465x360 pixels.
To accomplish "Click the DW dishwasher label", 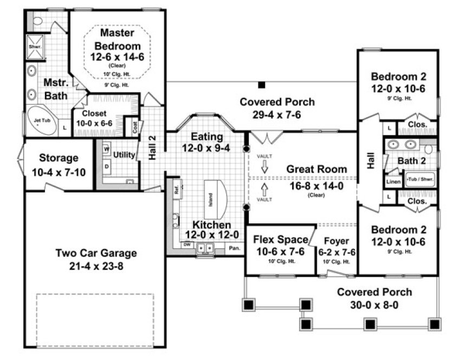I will coord(186,245).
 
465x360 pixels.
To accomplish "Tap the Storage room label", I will coord(59,158).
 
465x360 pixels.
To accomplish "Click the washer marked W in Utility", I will coord(107,148).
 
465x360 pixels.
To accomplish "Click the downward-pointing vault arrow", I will coord(264,168).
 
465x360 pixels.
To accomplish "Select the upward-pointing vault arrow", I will coord(264,190).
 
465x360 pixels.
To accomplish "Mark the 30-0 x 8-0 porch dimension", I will coord(375,305).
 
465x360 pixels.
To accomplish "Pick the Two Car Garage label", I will coord(95,253).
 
